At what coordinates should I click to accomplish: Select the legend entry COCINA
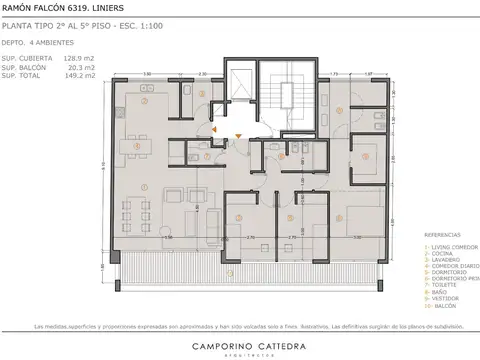pos(441,250)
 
